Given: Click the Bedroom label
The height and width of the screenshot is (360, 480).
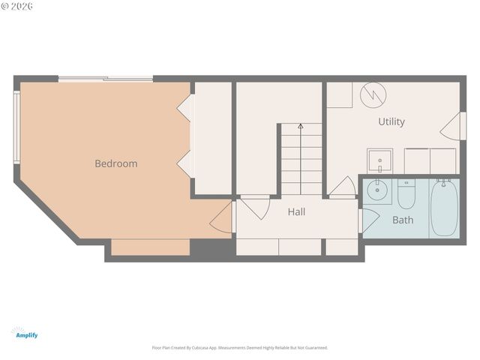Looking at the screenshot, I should click(x=115, y=163).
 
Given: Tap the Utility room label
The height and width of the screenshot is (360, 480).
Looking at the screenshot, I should click(x=391, y=121).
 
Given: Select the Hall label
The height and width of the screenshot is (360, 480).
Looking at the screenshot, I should click(x=296, y=212).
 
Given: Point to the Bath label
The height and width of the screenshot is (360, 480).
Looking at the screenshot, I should click(x=403, y=220).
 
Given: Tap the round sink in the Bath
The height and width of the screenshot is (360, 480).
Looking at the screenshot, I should click(x=378, y=190).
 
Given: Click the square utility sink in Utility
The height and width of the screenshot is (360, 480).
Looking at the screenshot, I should click(x=380, y=160).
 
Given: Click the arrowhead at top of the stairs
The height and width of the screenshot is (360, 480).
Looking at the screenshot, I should click(x=300, y=127).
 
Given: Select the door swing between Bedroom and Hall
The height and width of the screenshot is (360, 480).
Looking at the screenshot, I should click(x=223, y=218).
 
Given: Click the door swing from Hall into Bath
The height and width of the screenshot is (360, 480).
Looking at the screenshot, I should click(x=368, y=220).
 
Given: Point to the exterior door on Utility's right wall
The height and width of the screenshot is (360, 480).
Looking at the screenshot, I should click(x=448, y=124).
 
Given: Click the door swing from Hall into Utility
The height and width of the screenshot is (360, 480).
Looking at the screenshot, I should click(x=344, y=187).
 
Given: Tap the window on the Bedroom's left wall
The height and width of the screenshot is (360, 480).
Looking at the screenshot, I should click(x=16, y=127).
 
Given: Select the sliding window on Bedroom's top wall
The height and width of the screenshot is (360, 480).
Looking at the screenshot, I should click(x=106, y=79).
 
